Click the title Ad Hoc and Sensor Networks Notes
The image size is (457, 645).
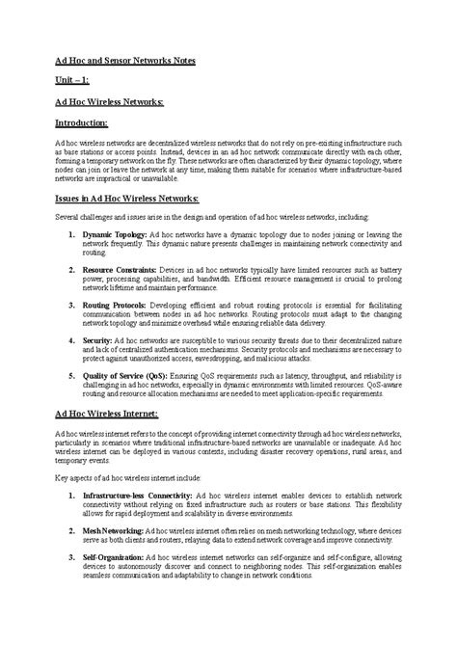(x=124, y=60)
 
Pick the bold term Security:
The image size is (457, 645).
(x=97, y=341)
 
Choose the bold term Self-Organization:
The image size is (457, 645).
(x=112, y=556)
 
